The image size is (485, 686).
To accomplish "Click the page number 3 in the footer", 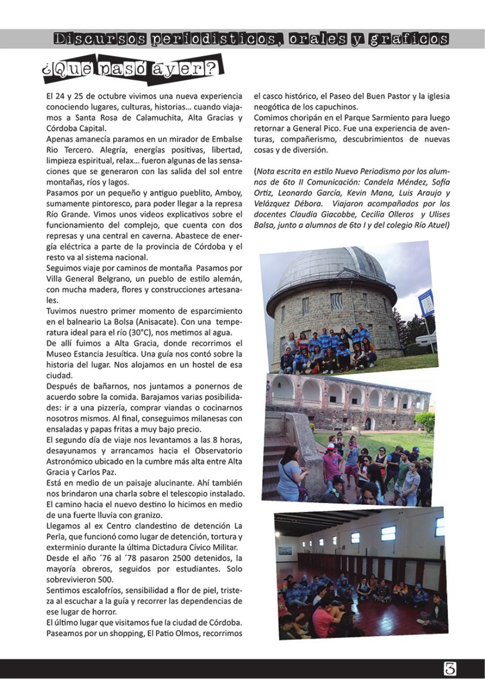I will pos(450,668).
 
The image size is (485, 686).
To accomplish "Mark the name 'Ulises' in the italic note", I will pos(432,214).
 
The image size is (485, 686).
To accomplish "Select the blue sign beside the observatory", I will pos(426,303).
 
